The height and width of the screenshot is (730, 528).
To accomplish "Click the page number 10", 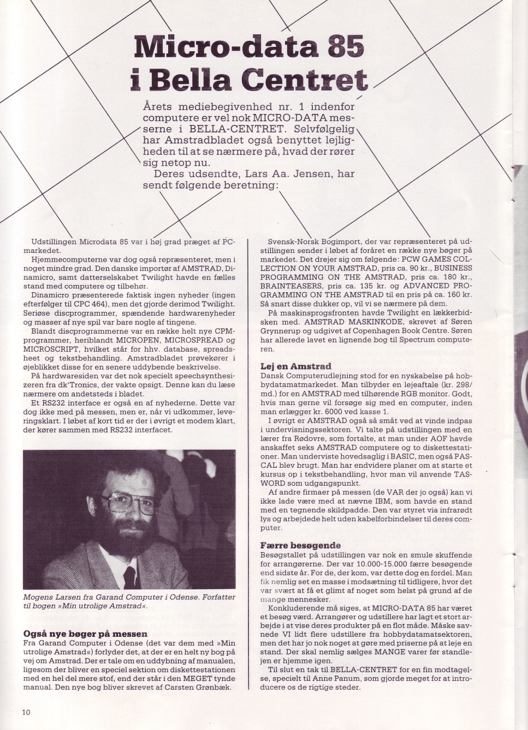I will pos(26,712).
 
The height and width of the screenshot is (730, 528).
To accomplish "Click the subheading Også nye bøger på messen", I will pos(85,634).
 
